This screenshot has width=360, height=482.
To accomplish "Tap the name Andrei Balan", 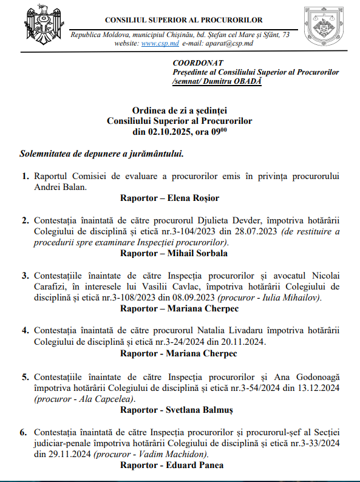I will [x=60, y=187].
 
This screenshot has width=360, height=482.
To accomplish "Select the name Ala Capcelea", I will [x=104, y=399].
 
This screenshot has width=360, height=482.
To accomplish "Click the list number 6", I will [x=24, y=433].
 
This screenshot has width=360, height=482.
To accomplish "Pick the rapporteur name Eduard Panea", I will [x=195, y=466].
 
